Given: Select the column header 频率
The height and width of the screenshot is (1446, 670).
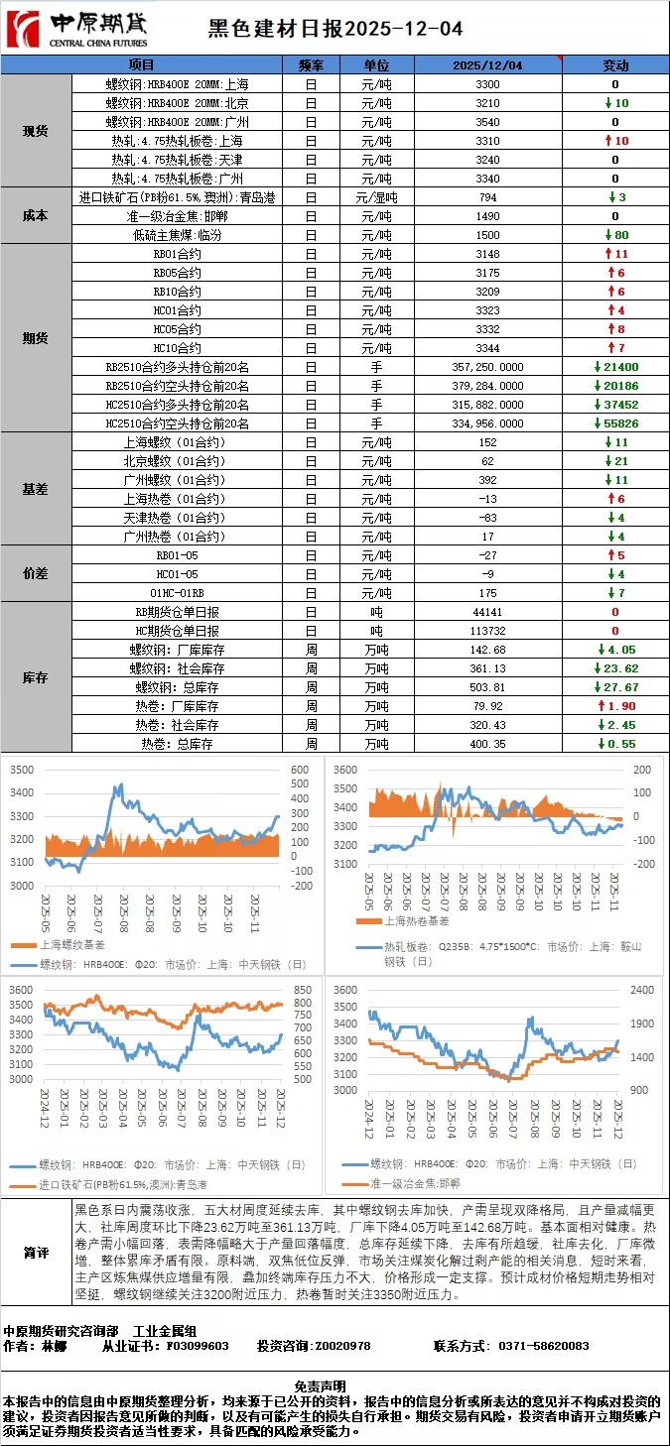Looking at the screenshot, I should [x=310, y=65].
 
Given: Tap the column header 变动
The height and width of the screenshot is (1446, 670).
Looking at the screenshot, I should [x=615, y=65].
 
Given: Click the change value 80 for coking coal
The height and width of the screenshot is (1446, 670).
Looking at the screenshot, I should [x=620, y=235].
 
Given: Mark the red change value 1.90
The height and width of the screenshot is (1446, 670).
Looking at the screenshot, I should [x=620, y=705].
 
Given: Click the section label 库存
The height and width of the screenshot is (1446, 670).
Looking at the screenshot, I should [x=36, y=678].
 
